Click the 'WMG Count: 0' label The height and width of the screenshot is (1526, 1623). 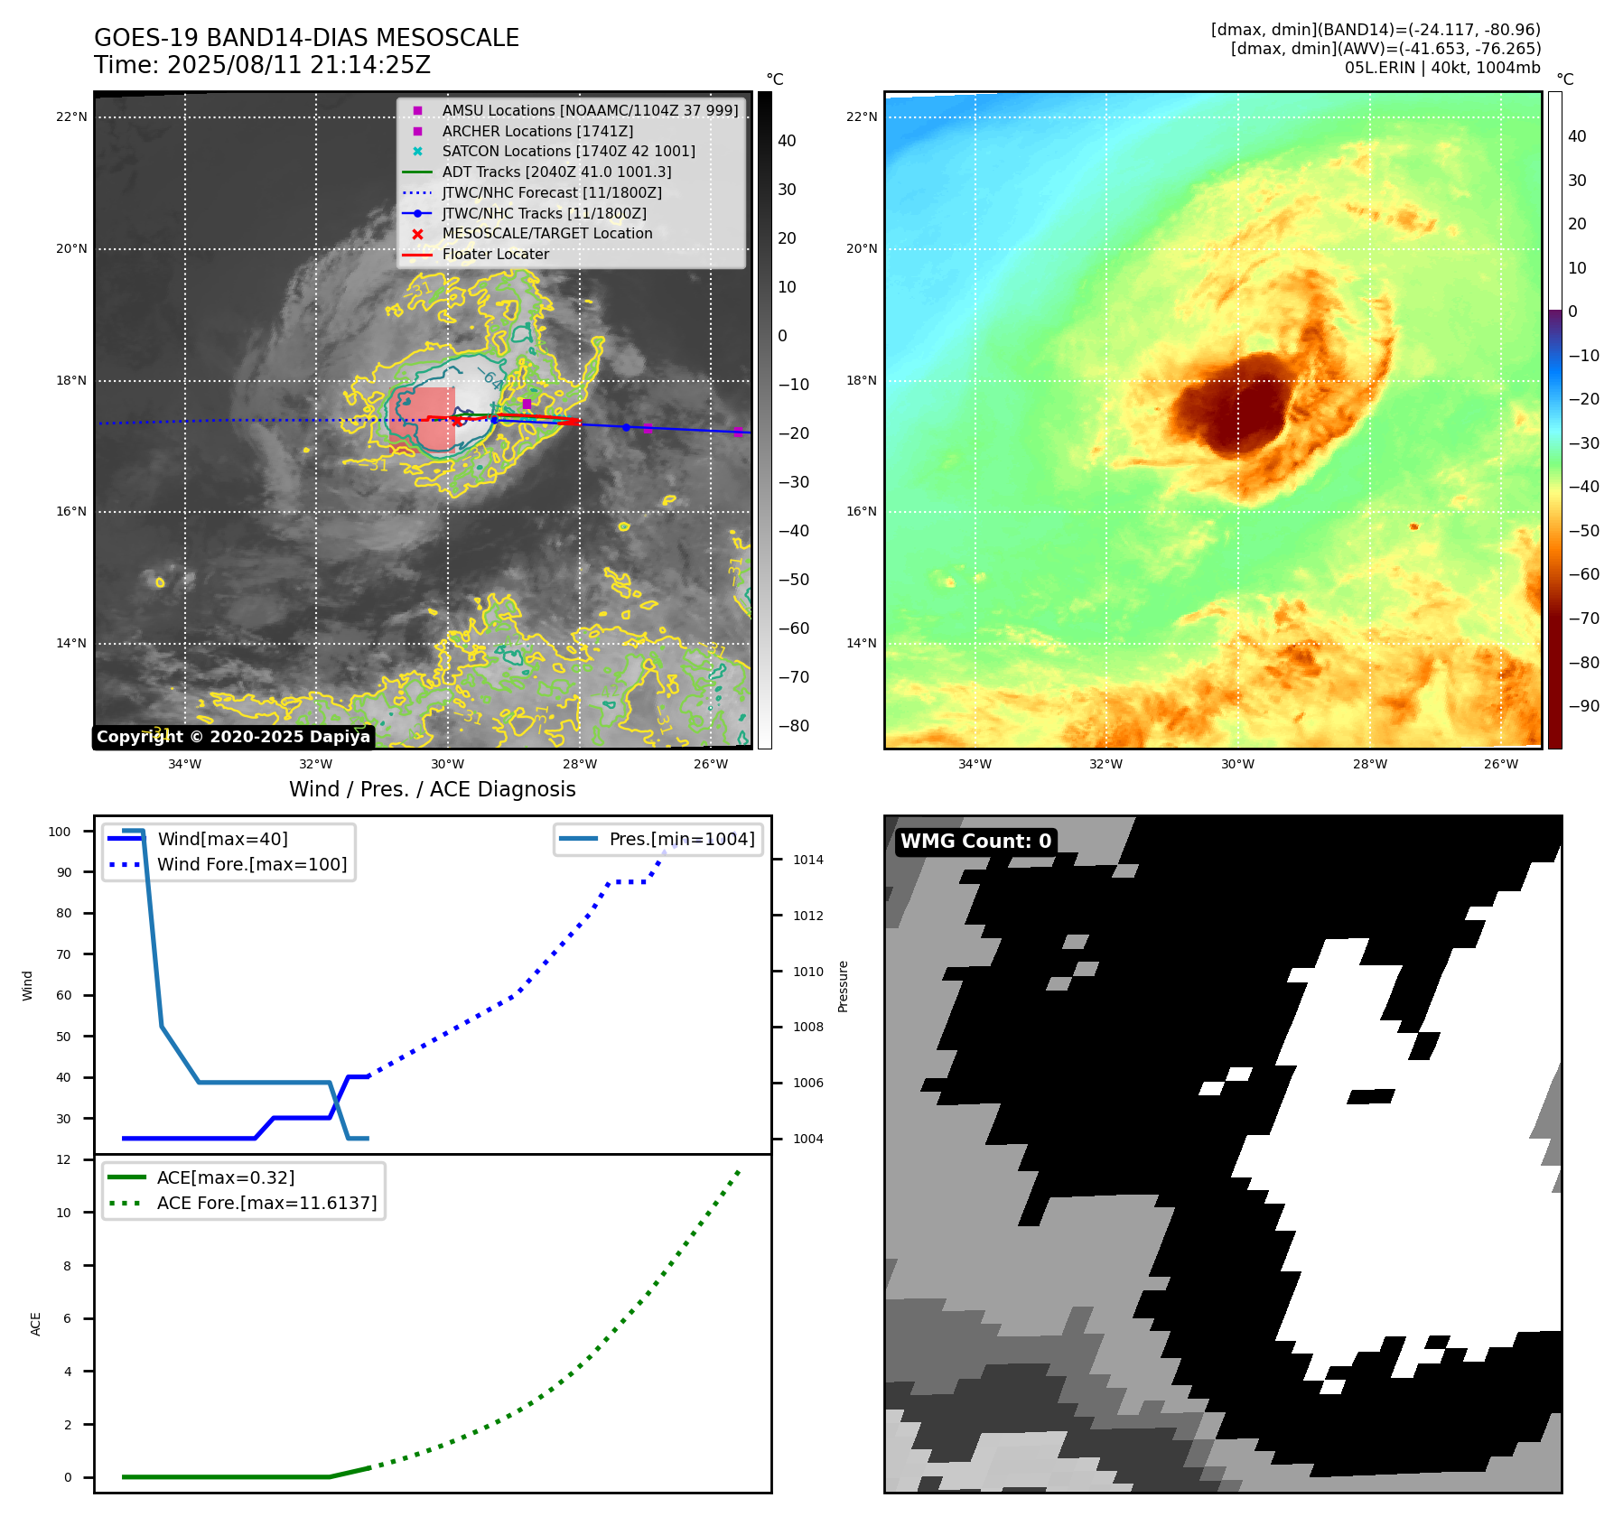[x=975, y=842]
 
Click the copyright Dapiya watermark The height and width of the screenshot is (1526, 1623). [x=233, y=737]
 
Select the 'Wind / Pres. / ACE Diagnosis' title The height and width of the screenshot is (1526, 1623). [x=432, y=789]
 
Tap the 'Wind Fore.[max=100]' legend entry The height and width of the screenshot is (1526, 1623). [x=251, y=864]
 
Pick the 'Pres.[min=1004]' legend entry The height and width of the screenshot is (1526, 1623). [x=681, y=839]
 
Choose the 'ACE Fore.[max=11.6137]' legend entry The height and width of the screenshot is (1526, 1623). [x=266, y=1203]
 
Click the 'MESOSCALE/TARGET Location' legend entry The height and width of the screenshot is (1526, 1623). [x=546, y=233]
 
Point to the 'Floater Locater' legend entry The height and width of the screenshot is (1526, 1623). [x=495, y=254]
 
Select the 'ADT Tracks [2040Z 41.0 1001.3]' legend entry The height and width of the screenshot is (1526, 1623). [x=556, y=172]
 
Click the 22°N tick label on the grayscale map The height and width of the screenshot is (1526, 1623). [x=71, y=116]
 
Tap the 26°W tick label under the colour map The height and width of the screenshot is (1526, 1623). [x=1500, y=764]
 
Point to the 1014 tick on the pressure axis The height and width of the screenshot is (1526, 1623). [x=807, y=860]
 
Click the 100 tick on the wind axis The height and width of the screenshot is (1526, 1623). [x=60, y=832]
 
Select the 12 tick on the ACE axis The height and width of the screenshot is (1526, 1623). [x=63, y=1159]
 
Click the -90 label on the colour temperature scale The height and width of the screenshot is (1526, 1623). [x=1583, y=706]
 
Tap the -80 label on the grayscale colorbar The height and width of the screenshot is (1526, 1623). [x=794, y=726]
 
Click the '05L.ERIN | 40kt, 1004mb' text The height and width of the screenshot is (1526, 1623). [x=1441, y=68]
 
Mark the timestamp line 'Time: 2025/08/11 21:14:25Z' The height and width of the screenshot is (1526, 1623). [x=262, y=65]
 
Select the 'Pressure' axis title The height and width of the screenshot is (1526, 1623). [x=843, y=986]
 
